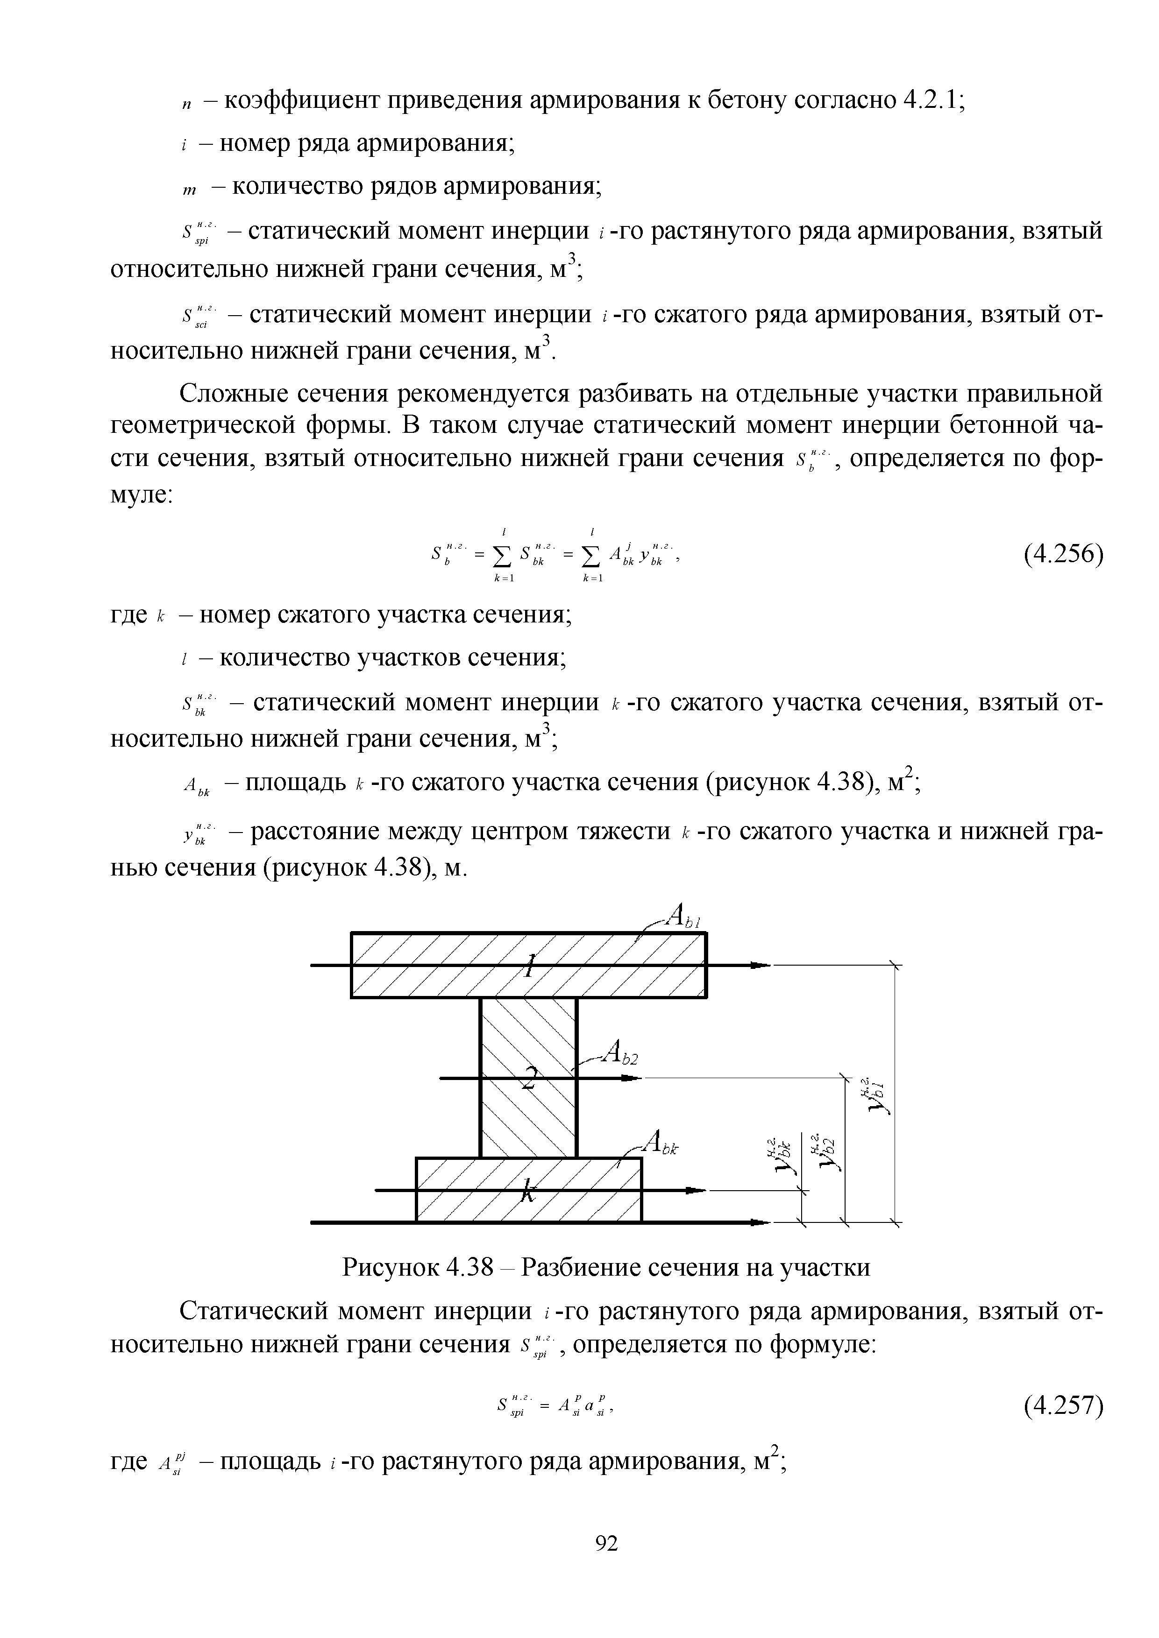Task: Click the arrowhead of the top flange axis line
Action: [761, 965]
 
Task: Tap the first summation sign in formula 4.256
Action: [504, 554]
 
